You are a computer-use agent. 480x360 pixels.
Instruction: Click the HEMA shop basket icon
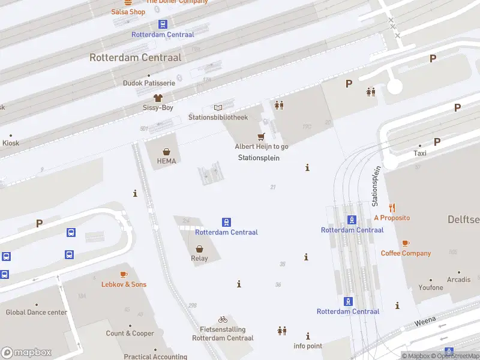(x=166, y=151)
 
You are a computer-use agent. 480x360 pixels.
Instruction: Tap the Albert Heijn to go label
(x=261, y=146)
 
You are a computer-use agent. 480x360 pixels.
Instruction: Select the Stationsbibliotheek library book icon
(x=218, y=107)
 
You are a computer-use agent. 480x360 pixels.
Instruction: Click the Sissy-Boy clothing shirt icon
(x=158, y=97)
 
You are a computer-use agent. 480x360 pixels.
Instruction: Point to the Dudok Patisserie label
(x=149, y=83)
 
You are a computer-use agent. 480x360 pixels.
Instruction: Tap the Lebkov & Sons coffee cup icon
(x=124, y=274)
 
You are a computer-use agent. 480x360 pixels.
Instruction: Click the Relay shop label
(x=199, y=259)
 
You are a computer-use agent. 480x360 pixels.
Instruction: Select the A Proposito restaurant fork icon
(x=392, y=208)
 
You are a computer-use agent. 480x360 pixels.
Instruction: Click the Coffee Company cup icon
(x=406, y=243)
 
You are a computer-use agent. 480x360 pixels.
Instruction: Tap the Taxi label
(x=420, y=154)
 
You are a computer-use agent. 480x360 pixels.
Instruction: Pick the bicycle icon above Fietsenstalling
(x=223, y=319)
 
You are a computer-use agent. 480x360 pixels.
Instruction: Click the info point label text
(x=308, y=346)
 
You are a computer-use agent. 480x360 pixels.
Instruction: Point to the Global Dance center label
(x=37, y=313)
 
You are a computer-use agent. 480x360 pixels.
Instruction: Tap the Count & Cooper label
(x=130, y=334)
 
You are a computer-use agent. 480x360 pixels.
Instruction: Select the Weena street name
(x=425, y=323)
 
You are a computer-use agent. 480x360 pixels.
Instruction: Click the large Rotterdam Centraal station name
(x=135, y=58)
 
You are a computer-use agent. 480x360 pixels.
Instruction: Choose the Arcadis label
(x=459, y=280)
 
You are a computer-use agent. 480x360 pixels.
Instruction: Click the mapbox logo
(x=26, y=352)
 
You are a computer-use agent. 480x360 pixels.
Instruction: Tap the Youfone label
(x=431, y=288)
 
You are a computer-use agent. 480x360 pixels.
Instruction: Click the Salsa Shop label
(x=128, y=11)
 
